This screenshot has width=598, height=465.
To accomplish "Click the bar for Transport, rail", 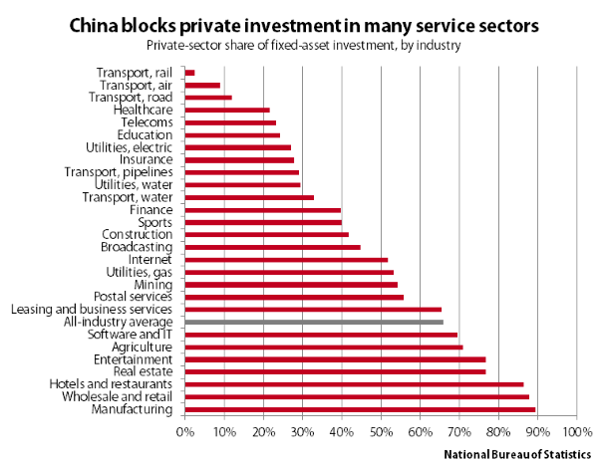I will [x=189, y=73].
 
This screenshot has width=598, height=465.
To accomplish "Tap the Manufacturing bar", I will [x=360, y=409].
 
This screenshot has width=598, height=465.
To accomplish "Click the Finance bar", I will [x=263, y=210].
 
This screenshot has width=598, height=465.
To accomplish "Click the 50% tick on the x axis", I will [x=381, y=433].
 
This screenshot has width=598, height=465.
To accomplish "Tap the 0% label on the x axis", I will [x=184, y=433].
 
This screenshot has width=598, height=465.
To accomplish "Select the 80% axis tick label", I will [x=498, y=433].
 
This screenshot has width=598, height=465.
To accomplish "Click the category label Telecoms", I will [x=146, y=122].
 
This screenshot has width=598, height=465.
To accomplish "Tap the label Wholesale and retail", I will [x=118, y=396].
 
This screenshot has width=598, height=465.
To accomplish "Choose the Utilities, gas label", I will [x=140, y=272].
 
